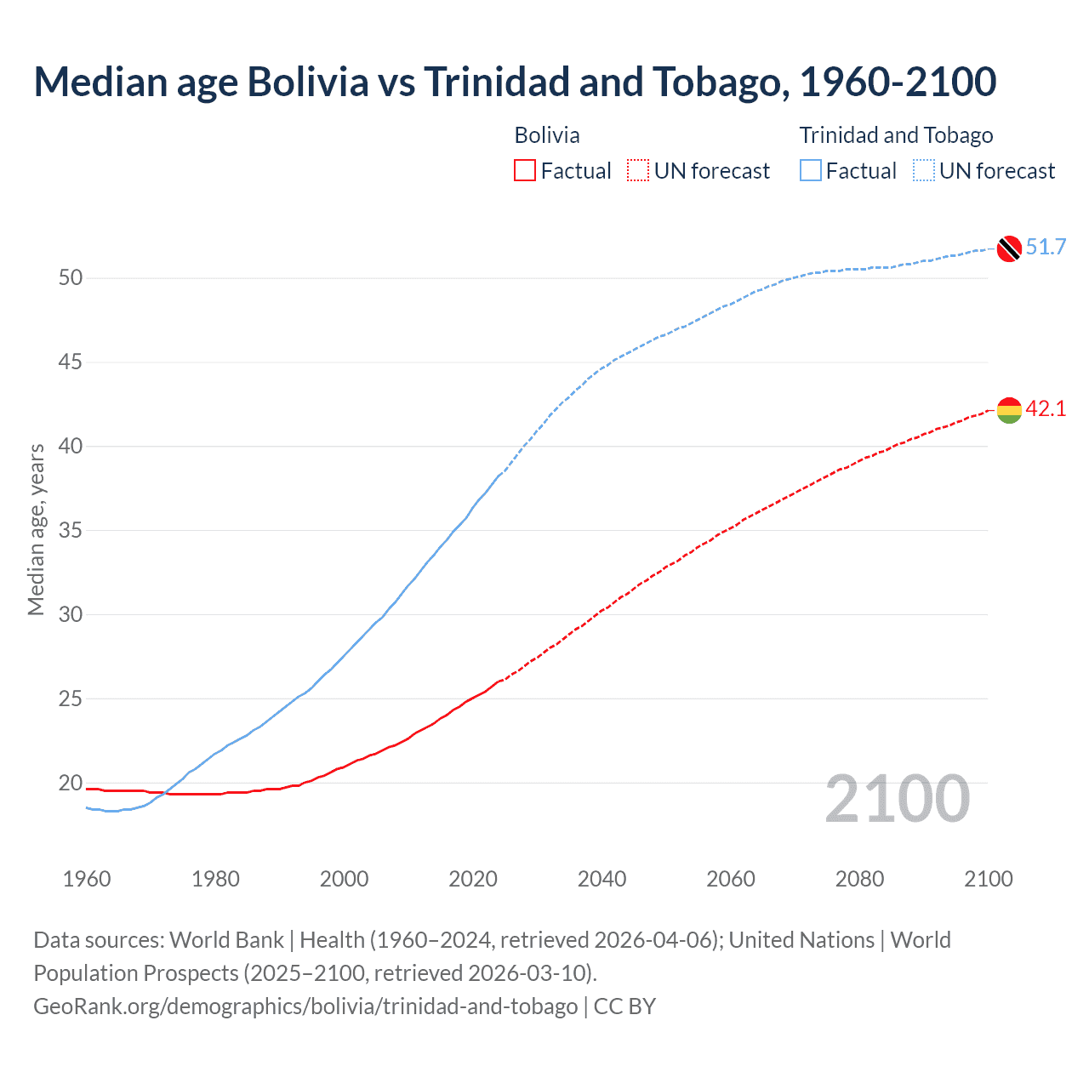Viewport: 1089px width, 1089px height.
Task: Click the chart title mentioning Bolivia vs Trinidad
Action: tap(515, 82)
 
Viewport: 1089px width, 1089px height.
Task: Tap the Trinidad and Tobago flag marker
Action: tap(1009, 248)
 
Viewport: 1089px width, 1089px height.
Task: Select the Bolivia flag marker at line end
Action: tap(1009, 409)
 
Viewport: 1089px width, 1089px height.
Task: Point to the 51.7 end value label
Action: tap(1046, 248)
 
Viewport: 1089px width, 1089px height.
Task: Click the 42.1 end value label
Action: tap(1046, 409)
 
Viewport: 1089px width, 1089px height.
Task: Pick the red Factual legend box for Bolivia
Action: tap(525, 171)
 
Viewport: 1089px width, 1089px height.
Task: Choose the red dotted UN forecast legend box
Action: tap(638, 171)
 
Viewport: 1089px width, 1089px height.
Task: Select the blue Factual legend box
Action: tap(811, 171)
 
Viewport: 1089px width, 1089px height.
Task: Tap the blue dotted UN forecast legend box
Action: tap(924, 171)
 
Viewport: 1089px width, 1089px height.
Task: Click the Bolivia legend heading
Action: tap(547, 135)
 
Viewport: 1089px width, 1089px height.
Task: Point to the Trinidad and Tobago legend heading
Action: tap(896, 135)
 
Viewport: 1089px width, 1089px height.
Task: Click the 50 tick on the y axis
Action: tap(71, 278)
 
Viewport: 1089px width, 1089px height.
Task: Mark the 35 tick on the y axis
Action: tap(71, 531)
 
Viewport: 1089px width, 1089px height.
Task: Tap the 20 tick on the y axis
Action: tap(71, 784)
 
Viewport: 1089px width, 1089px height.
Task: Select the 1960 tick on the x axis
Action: tap(87, 879)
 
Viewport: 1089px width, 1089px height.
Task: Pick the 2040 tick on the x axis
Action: tap(602, 879)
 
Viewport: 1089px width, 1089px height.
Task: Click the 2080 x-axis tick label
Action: tap(859, 879)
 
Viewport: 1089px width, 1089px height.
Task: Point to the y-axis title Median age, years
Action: tap(36, 529)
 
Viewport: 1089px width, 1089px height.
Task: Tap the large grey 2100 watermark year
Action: tap(897, 799)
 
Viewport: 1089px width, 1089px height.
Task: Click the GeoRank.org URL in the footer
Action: tap(305, 1006)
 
